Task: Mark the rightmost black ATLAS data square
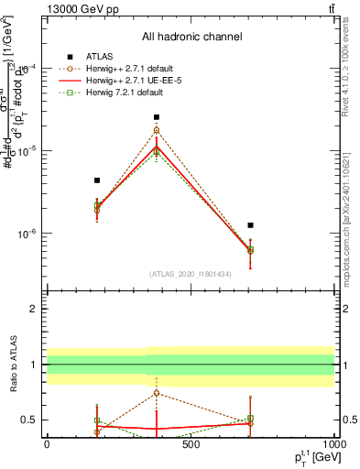(x=250, y=224)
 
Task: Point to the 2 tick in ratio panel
(x=33, y=309)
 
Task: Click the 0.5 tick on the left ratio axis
(x=29, y=420)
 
